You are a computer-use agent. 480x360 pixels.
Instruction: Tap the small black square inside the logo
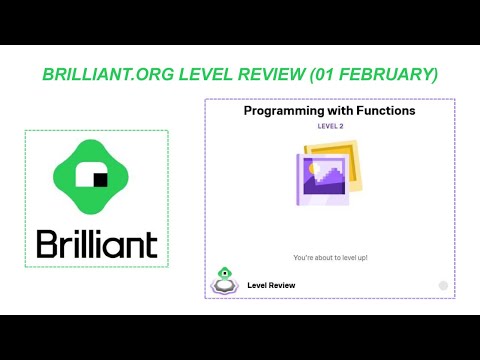coord(100,180)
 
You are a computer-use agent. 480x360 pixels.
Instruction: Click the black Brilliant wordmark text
coord(97,243)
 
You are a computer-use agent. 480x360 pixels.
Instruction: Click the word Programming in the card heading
coord(286,111)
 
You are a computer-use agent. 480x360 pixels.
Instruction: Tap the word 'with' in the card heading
coord(341,111)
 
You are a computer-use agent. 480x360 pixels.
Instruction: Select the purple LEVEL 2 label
coord(330,127)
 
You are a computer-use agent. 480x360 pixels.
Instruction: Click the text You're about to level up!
coord(330,257)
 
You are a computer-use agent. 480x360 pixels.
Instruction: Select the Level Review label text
coord(271,285)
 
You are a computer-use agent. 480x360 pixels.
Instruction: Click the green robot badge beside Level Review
coord(224,281)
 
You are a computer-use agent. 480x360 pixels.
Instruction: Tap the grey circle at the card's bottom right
coord(443,285)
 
